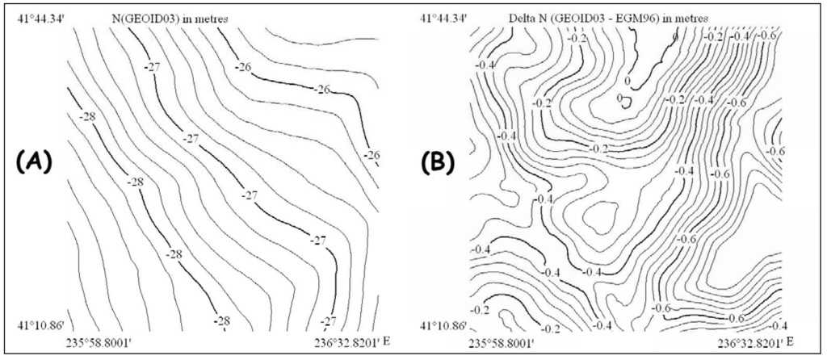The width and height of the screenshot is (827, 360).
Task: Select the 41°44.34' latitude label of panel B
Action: (x=443, y=17)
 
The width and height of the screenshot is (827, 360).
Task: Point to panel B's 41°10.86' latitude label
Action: (x=443, y=326)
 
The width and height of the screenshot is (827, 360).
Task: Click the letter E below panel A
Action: (x=383, y=343)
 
